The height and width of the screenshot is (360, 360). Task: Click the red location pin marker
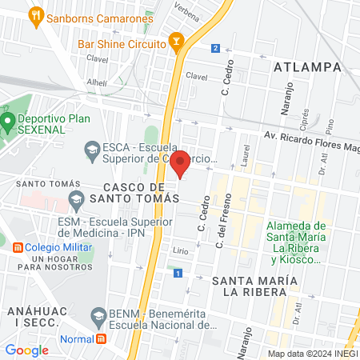click(x=181, y=162)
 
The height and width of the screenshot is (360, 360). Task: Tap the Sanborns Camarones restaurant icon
click(x=35, y=14)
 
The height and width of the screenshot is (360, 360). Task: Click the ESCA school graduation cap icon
click(x=92, y=150)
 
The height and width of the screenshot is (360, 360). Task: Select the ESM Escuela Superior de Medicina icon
click(x=77, y=198)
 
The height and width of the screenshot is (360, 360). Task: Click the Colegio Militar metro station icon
click(x=16, y=247)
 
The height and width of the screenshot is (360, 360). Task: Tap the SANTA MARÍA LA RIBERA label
click(x=254, y=286)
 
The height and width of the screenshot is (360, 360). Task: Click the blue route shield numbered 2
click(x=215, y=49)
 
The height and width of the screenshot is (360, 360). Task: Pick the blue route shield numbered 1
click(x=177, y=274)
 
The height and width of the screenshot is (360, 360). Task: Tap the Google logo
click(x=27, y=350)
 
